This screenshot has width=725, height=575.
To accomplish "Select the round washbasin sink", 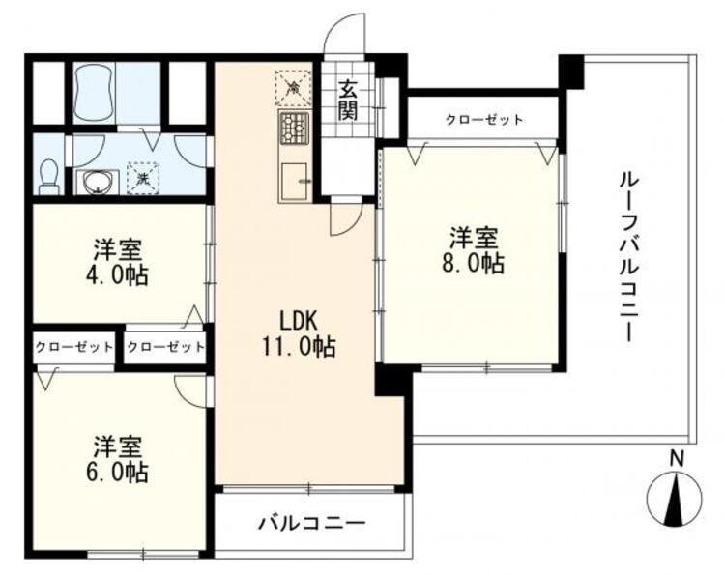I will tap(96, 182).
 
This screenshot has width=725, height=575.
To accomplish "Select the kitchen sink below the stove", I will tap(295, 181).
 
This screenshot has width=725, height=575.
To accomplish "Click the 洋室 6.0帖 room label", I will tap(120, 460).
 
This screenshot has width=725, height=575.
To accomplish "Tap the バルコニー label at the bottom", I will tap(311, 525).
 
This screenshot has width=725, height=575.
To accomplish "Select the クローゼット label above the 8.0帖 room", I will tap(484, 120).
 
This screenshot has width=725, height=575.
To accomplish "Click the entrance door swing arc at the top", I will tap(342, 37).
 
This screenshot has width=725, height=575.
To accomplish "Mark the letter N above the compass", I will tap(679, 460).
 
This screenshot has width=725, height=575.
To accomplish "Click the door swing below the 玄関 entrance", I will tap(344, 218).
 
